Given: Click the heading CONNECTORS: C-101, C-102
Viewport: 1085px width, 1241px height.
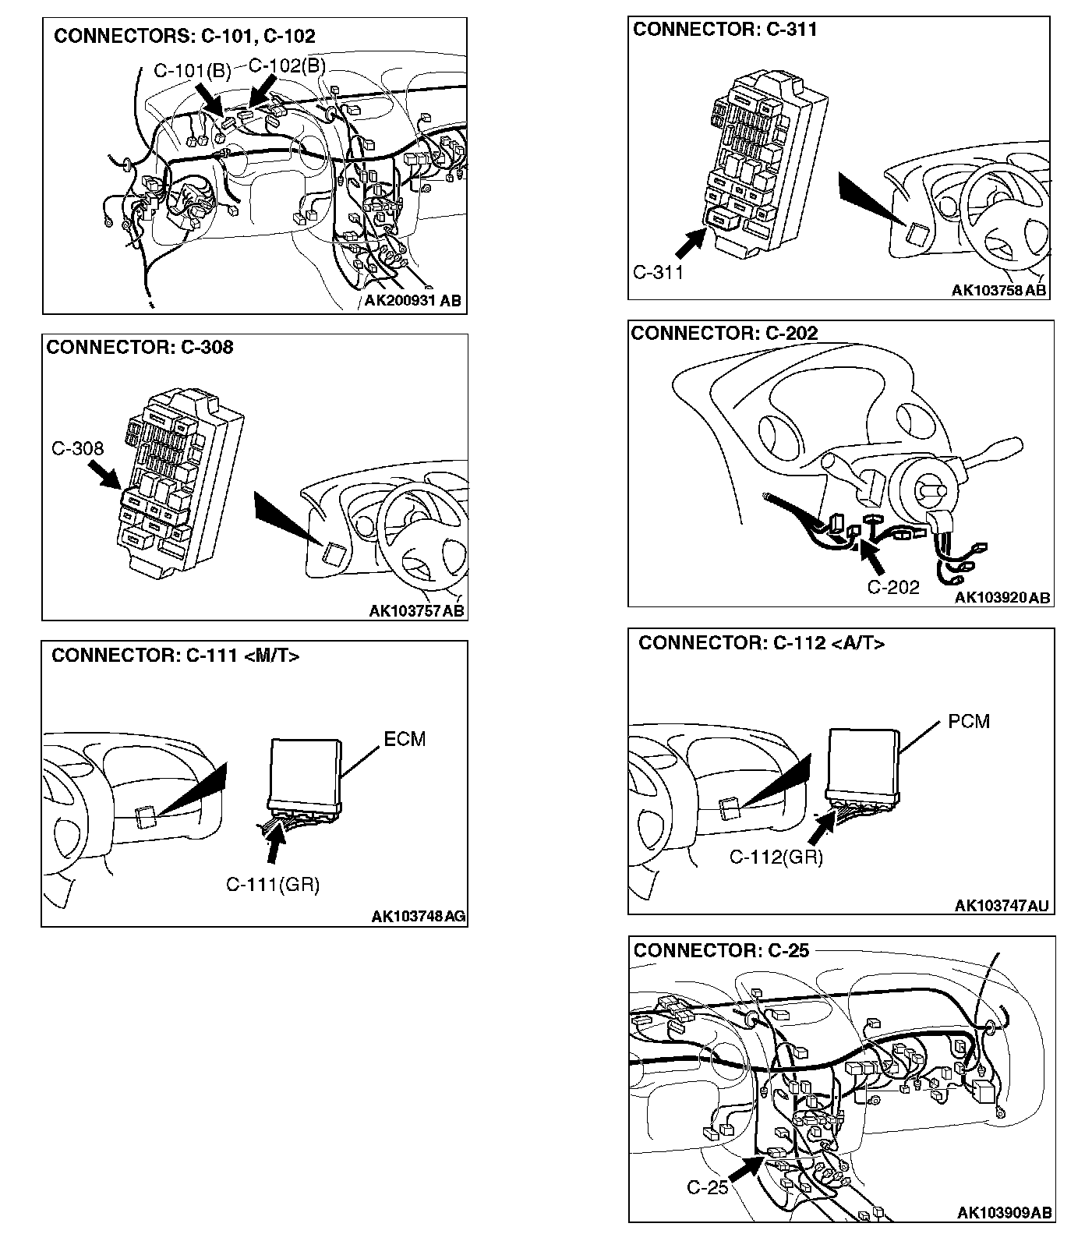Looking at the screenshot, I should tap(184, 37).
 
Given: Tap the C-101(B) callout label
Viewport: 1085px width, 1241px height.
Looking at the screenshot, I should tap(192, 71).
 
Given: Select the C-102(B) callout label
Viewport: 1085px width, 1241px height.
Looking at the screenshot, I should tap(286, 65).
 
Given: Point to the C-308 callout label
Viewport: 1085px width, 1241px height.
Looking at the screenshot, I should tap(78, 448).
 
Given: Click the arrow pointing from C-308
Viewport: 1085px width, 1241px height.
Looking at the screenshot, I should tap(104, 475).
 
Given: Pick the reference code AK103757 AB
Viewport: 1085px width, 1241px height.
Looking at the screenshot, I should tap(417, 610).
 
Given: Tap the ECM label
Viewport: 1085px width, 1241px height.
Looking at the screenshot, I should tap(405, 739).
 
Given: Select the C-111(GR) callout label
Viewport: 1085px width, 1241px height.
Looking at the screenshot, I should tap(273, 884).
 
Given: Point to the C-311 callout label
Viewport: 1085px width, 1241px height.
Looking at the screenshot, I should tap(658, 272).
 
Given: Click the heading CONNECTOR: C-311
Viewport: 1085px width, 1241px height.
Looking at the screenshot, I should tap(725, 30).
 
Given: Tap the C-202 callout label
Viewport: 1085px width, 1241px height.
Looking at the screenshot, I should tap(893, 587).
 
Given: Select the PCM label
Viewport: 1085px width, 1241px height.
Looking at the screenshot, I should tap(969, 721).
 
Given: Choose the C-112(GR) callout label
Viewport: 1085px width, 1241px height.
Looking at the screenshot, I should tap(776, 857).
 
